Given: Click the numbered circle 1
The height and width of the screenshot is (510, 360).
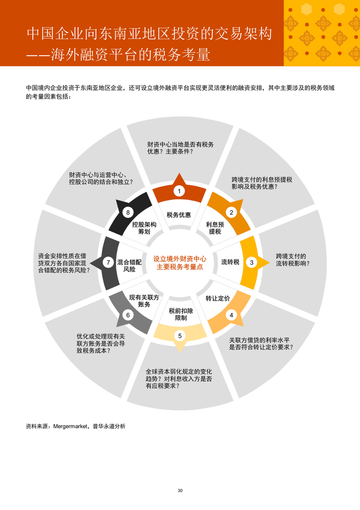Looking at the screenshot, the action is [179, 191].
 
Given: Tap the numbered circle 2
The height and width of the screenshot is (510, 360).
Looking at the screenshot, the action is [231, 212].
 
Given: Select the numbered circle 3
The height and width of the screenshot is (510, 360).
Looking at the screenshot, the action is [251, 262].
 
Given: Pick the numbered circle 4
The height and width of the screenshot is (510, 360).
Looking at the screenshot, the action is [231, 315].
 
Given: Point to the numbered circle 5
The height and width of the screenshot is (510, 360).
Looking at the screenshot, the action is [179, 336].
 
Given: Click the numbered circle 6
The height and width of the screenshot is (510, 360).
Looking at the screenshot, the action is [128, 315].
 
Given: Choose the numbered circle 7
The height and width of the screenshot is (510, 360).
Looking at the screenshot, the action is [108, 262].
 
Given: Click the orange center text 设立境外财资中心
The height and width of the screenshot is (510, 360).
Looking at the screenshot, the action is [179, 258].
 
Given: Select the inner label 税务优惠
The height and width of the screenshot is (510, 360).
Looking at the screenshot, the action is [179, 215].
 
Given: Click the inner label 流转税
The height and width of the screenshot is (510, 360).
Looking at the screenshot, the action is [230, 262].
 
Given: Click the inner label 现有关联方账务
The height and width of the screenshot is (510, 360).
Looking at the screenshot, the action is [144, 301].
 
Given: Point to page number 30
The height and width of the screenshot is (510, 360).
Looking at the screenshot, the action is [180, 490].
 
